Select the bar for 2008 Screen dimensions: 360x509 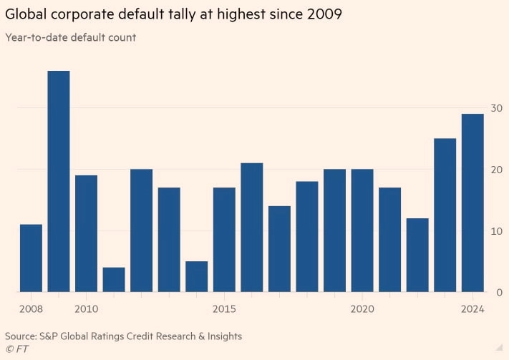(31, 258)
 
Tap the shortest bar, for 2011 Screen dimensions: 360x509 (114, 280)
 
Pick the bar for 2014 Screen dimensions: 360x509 (197, 277)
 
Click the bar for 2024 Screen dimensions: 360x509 (472, 203)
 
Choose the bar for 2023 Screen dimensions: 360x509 (445, 215)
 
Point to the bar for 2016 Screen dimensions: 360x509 (252, 228)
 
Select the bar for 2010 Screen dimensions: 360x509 (86, 233)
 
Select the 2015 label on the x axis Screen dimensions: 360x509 (224, 308)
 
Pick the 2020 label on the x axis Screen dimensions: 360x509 (362, 308)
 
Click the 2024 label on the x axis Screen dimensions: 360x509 (472, 308)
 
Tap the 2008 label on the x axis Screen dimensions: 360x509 (31, 308)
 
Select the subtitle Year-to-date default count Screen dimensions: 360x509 (70, 37)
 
